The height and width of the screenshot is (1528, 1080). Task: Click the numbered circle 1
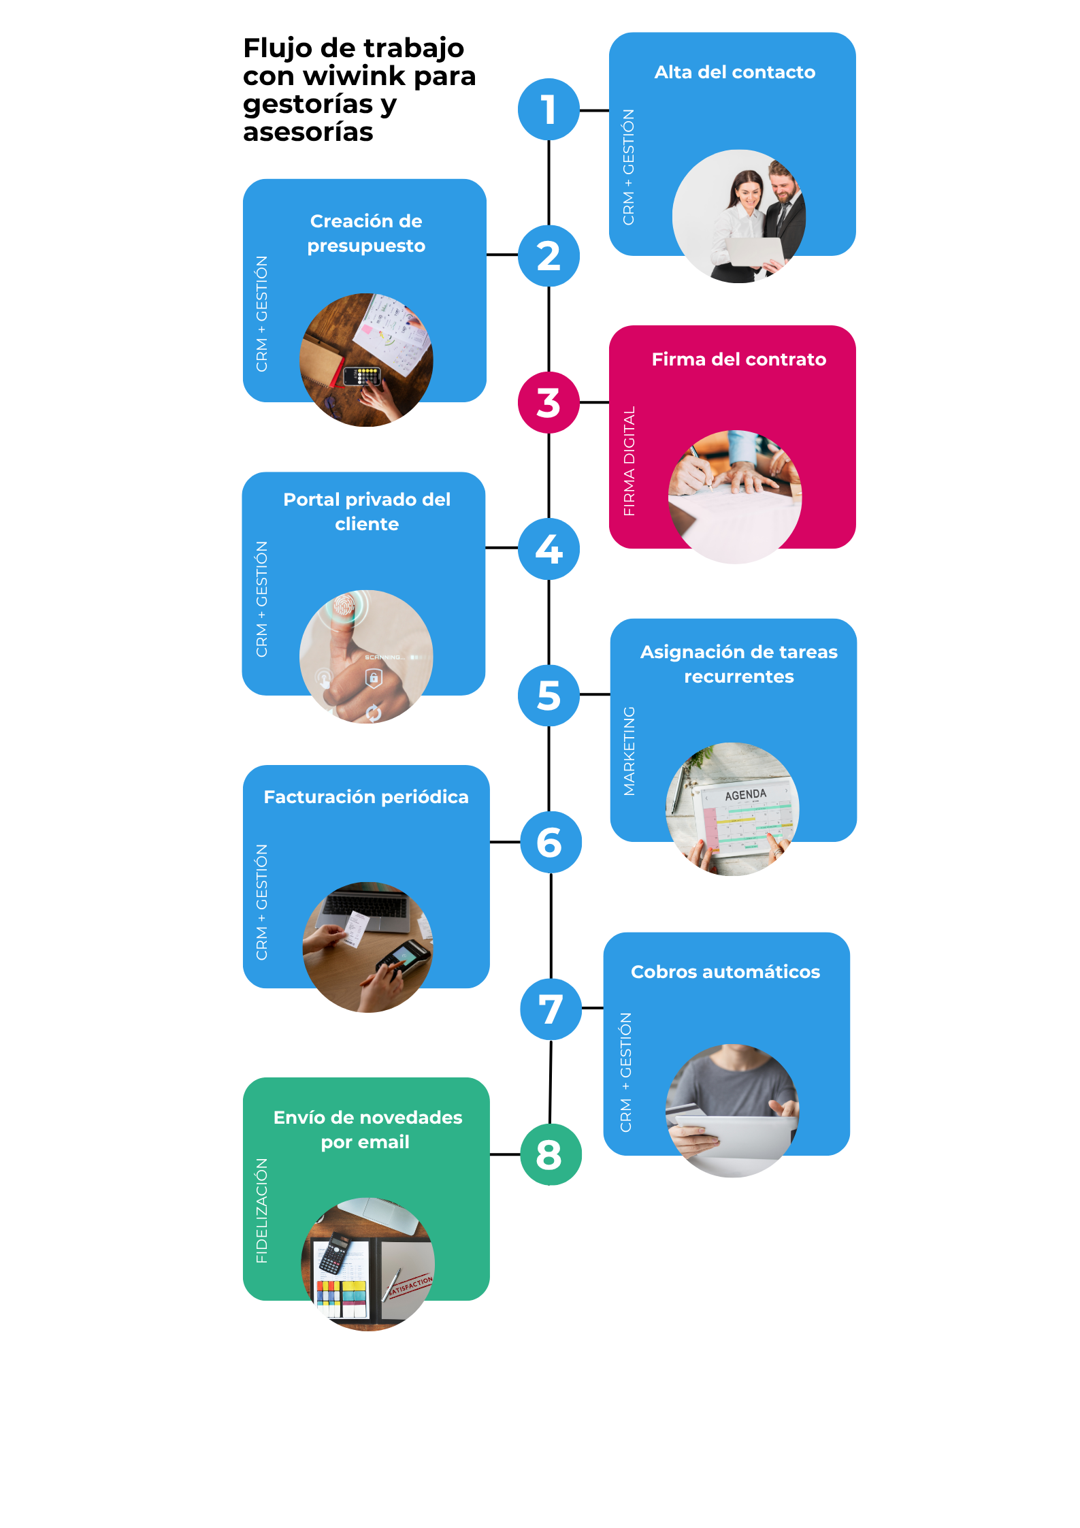point(549,110)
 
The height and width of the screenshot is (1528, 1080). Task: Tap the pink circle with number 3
point(549,402)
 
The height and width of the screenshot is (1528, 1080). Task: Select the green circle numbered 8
point(551,1154)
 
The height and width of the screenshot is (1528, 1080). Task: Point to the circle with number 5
point(549,695)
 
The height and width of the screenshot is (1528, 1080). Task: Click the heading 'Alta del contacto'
point(735,72)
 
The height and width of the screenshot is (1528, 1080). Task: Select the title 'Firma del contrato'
point(739,359)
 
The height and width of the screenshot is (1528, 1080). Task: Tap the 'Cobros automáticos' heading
point(725,972)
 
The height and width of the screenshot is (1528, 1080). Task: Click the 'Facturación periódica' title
point(366,797)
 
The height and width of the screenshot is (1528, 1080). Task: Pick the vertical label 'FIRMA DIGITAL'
point(629,461)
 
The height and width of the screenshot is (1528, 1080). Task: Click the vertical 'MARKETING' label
point(629,751)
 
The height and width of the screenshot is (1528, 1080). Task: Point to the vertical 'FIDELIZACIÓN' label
point(261,1211)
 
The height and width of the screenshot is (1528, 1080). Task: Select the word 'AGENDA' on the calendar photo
point(746,795)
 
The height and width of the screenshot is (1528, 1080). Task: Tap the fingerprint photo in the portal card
point(366,656)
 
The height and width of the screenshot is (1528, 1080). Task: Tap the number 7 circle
point(551,1009)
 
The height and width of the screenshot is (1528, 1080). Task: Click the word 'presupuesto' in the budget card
point(366,246)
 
